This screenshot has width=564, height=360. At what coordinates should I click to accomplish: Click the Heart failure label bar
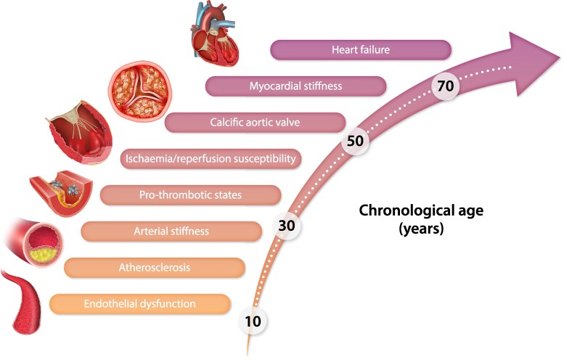[x=361, y=50]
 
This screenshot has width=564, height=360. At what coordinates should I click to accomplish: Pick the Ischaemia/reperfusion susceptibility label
[x=210, y=158]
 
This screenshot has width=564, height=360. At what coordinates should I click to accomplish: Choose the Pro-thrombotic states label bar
[x=190, y=195]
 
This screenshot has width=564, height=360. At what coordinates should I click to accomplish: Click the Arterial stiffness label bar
[x=171, y=232]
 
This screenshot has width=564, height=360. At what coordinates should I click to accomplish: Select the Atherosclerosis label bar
[x=154, y=268]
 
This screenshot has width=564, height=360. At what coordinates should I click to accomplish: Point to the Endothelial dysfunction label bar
[x=139, y=303]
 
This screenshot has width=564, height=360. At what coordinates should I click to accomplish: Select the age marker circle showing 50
[x=355, y=141]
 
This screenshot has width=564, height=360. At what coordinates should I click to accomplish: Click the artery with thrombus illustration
[x=64, y=192]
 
